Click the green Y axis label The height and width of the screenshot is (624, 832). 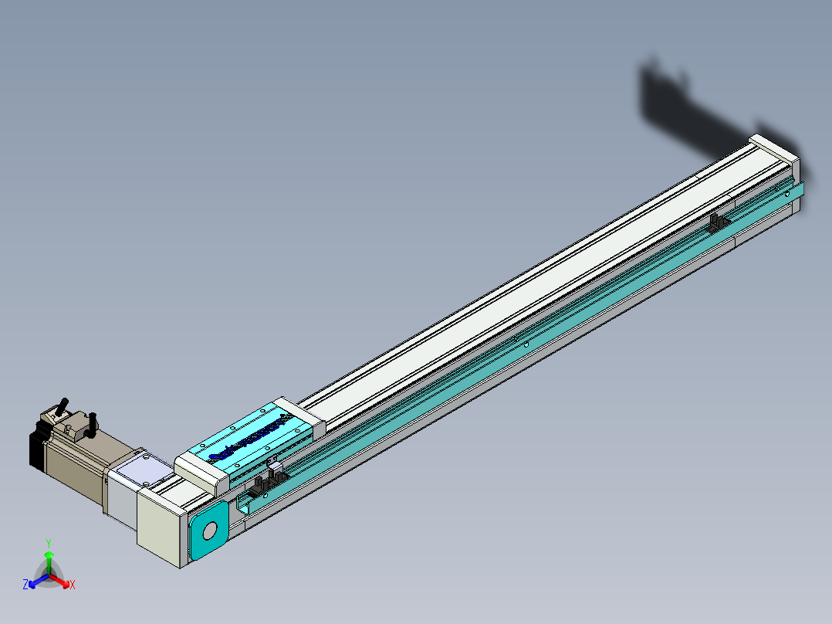pyautogui.click(x=49, y=543)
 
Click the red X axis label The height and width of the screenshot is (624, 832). pyautogui.click(x=72, y=585)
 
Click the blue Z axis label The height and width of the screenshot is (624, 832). pyautogui.click(x=25, y=585)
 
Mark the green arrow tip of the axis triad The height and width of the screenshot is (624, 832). pyautogui.click(x=49, y=554)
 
